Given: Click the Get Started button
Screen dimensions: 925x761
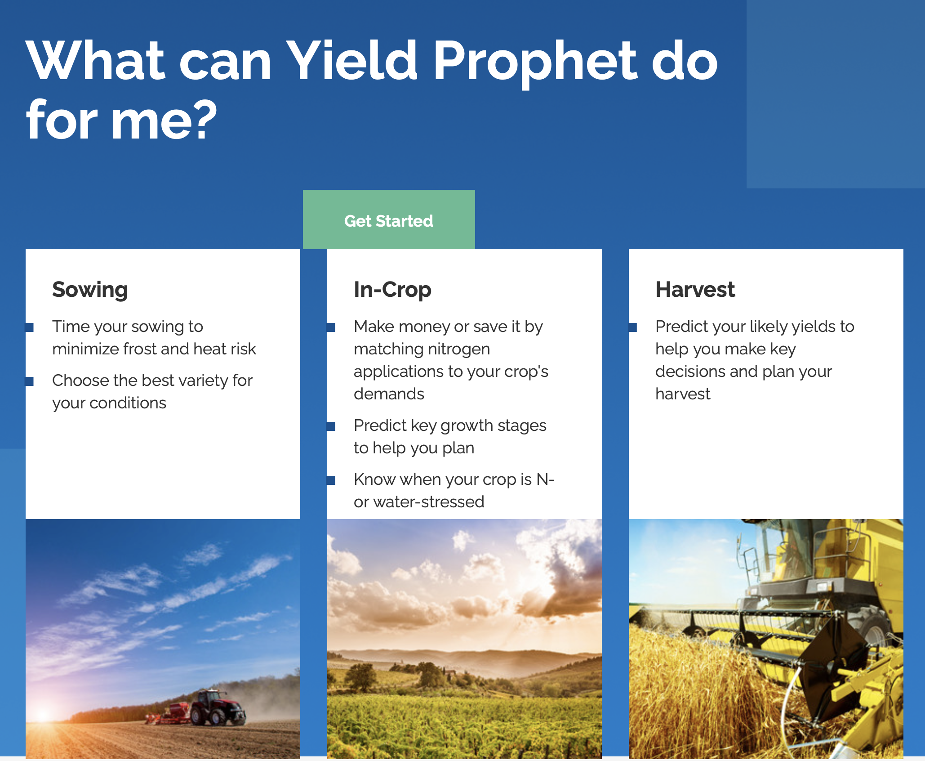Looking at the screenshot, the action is click(x=389, y=219).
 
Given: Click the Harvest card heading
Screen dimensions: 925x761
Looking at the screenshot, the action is click(x=695, y=289).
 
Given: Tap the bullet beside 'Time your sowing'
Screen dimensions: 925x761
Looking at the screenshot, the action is click(x=29, y=327).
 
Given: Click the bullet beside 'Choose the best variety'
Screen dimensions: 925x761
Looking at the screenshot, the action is click(x=29, y=381).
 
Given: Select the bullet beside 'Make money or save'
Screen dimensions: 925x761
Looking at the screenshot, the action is click(x=331, y=327).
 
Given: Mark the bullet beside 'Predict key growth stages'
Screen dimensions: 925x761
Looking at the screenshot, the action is click(x=331, y=426).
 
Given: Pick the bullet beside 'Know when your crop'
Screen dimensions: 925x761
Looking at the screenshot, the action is click(x=331, y=480).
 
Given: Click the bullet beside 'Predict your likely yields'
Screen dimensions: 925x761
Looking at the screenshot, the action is click(x=632, y=327).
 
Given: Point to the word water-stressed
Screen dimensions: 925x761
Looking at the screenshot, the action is click(x=428, y=502).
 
